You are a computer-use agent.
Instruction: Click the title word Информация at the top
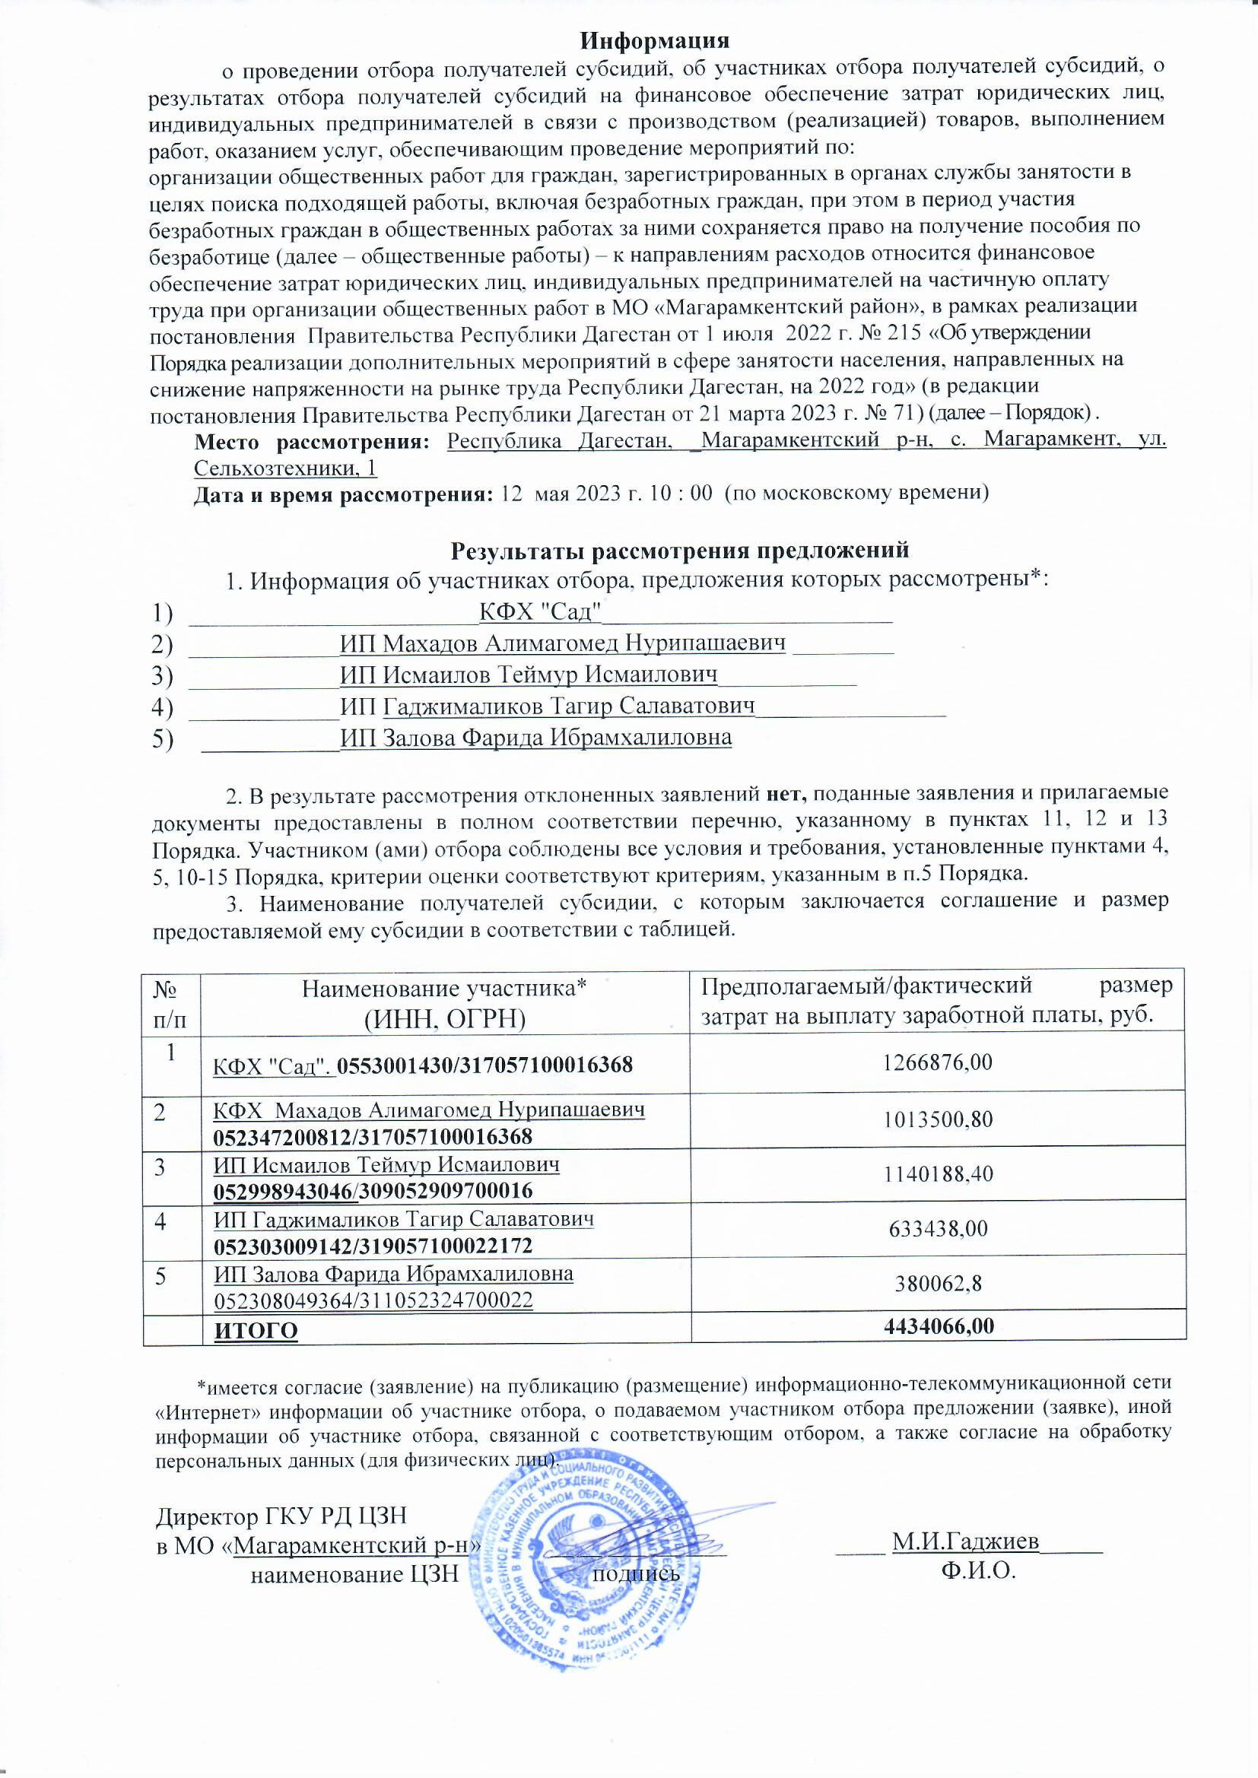pyautogui.click(x=656, y=39)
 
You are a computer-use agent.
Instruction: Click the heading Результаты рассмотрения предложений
pyautogui.click(x=679, y=551)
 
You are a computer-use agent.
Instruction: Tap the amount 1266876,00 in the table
pyautogui.click(x=937, y=1062)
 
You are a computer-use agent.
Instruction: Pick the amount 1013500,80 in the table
pyautogui.click(x=937, y=1119)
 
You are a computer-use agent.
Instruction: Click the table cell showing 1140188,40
pyautogui.click(x=937, y=1174)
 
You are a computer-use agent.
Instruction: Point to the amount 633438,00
pyautogui.click(x=937, y=1228)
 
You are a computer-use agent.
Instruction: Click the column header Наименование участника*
pyautogui.click(x=444, y=988)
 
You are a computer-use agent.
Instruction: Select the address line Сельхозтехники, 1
pyautogui.click(x=285, y=468)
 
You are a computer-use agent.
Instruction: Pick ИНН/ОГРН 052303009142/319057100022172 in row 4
pyautogui.click(x=373, y=1246)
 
